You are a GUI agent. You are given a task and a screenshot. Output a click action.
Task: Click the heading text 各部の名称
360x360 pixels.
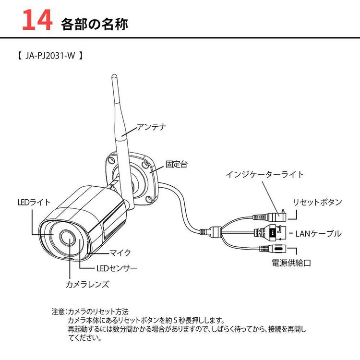[x=95, y=24]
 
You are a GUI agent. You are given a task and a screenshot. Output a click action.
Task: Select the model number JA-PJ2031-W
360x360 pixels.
[x=47, y=56]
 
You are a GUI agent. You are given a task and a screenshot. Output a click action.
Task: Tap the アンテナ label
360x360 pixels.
[x=151, y=127]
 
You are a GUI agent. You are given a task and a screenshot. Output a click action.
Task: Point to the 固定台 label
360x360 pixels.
[x=177, y=164]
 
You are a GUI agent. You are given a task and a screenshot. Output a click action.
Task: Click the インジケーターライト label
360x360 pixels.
[x=264, y=175]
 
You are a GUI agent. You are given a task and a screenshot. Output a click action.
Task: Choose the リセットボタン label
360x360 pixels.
[x=317, y=202]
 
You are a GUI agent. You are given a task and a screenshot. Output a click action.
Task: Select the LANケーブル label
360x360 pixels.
[x=318, y=234]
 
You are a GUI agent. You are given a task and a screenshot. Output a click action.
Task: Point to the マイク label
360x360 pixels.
[x=120, y=252]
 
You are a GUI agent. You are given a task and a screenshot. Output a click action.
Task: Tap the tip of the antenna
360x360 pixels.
[x=114, y=77]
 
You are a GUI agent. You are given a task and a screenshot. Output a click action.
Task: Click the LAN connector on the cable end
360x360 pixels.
[x=274, y=233]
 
